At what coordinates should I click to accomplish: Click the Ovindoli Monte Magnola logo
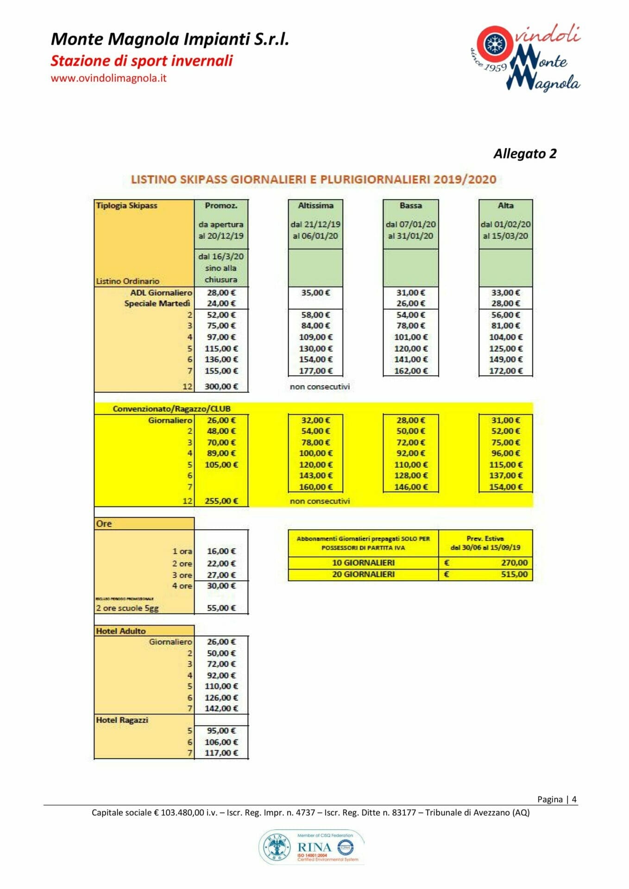[526, 57]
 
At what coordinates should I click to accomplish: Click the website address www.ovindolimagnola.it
[108, 78]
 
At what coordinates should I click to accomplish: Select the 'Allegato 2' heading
[525, 154]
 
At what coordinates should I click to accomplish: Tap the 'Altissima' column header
[315, 206]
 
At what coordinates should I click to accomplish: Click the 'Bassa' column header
[410, 206]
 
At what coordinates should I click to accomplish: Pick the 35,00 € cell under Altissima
[315, 293]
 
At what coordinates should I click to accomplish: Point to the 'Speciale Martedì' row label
[157, 304]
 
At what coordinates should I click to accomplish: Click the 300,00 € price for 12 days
[221, 386]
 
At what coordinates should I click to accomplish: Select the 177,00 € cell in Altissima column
[315, 371]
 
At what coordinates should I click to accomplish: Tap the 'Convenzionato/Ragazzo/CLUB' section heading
[171, 409]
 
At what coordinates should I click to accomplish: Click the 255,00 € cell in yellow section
[221, 501]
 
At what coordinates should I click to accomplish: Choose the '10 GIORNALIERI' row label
[363, 563]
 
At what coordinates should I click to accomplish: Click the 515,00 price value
[514, 575]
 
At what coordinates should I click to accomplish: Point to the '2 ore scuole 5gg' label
[127, 608]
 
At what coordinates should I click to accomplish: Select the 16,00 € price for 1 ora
[221, 551]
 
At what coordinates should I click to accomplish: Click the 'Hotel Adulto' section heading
[121, 631]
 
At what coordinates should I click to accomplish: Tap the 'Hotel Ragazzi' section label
[122, 720]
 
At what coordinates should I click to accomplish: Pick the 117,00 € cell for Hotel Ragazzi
[221, 753]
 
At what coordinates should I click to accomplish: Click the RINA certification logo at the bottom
[312, 847]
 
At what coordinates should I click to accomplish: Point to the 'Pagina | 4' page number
[557, 799]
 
